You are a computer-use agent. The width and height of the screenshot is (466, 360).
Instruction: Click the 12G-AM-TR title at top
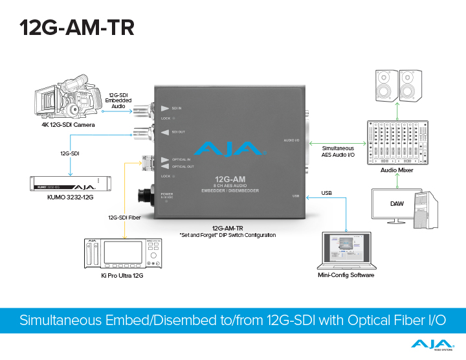click(76, 27)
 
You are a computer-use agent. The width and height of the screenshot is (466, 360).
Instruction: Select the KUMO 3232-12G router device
click(66, 185)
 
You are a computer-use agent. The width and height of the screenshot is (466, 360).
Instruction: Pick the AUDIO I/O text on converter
click(291, 141)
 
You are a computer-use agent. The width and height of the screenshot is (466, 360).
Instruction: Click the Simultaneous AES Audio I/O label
click(338, 152)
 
